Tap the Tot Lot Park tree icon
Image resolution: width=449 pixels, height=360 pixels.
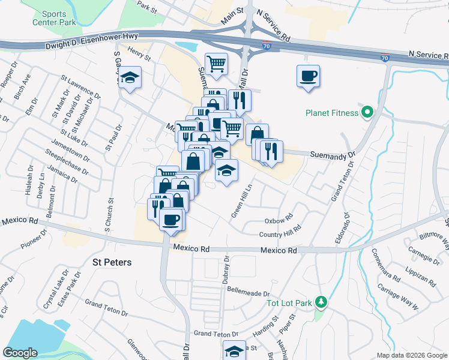point(321,302)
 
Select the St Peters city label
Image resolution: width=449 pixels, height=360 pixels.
point(112,262)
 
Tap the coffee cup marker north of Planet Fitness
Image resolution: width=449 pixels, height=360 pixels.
point(308,76)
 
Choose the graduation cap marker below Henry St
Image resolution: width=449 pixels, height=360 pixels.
point(129,78)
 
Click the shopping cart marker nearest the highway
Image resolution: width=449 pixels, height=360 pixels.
point(216,63)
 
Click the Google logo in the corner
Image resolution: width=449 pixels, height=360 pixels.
point(21,353)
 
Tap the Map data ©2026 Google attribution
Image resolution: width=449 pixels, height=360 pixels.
point(411,355)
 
